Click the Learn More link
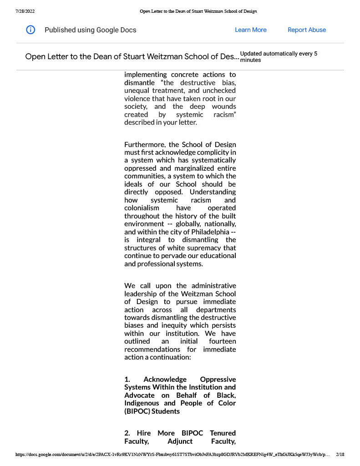(x=250, y=30)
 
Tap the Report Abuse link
(x=307, y=30)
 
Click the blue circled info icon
(x=30, y=30)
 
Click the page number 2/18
(x=340, y=454)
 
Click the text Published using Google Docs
(x=90, y=30)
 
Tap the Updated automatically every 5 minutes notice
(x=278, y=56)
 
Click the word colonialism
(x=142, y=208)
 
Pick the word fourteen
(x=222, y=341)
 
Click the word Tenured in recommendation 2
(x=223, y=433)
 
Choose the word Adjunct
(x=180, y=441)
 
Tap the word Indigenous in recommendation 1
(x=142, y=403)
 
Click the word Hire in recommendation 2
(x=144, y=433)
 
